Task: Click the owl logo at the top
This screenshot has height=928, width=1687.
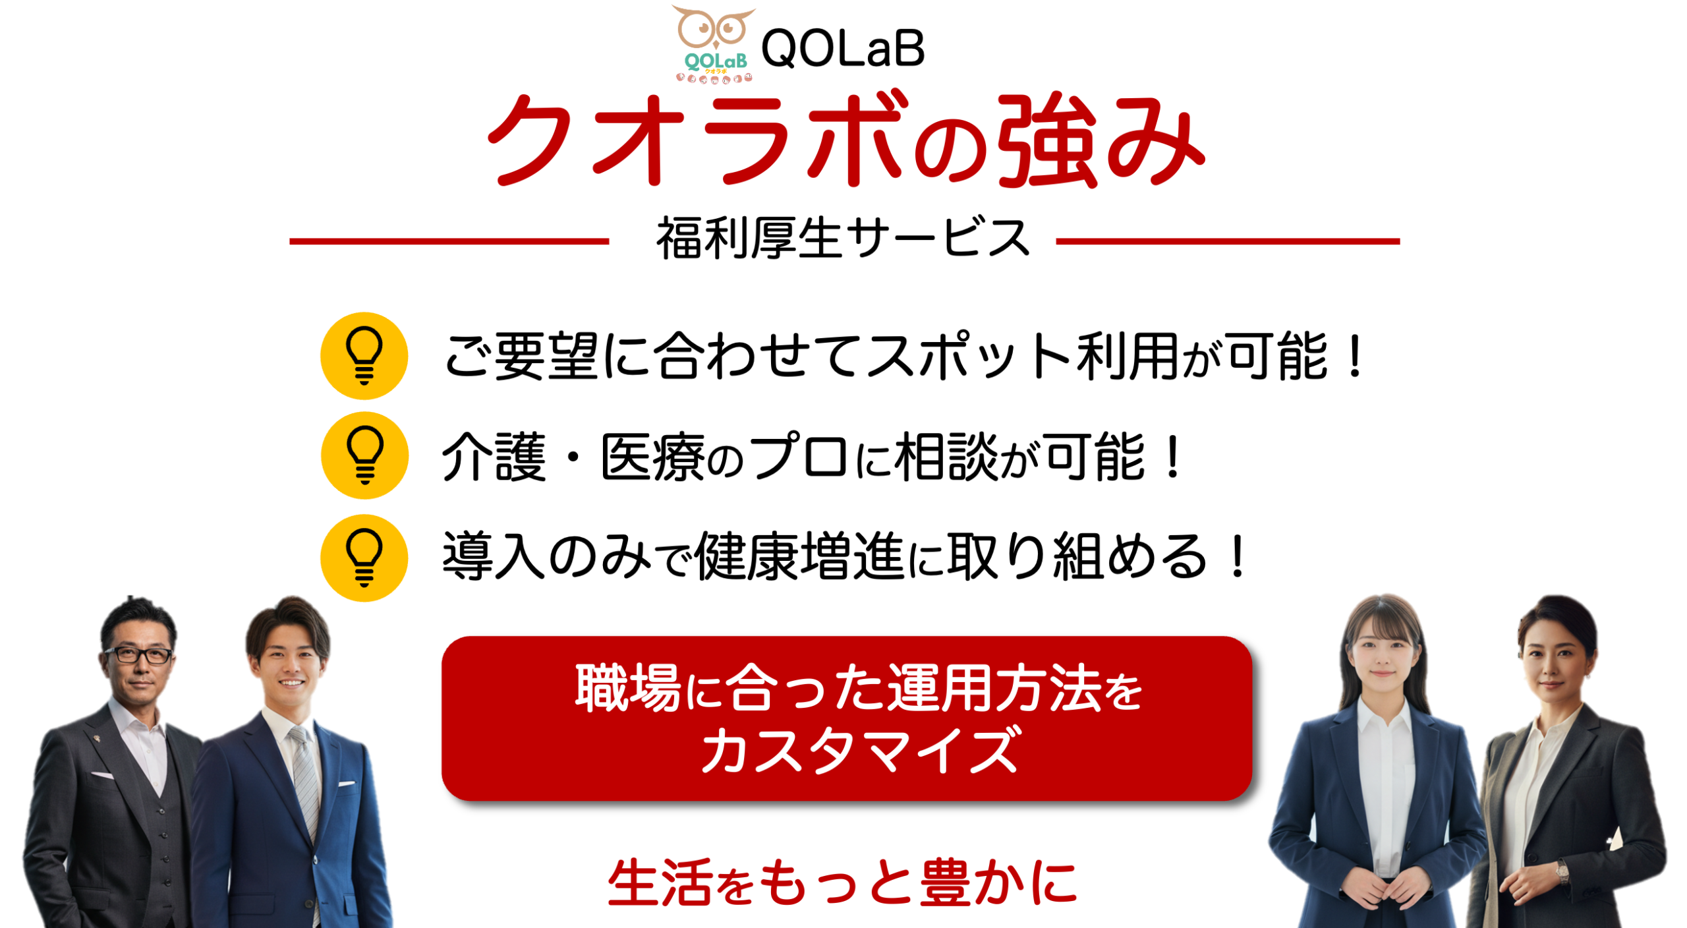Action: pyautogui.click(x=714, y=44)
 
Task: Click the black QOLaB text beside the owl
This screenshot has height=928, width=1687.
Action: pyautogui.click(x=843, y=49)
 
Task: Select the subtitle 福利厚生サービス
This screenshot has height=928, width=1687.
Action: pyautogui.click(x=843, y=238)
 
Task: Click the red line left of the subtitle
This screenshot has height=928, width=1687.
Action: pyautogui.click(x=449, y=242)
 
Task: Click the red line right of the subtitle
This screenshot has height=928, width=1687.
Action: pyautogui.click(x=1228, y=242)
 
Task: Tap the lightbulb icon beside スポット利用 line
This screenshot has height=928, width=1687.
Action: pyautogui.click(x=364, y=356)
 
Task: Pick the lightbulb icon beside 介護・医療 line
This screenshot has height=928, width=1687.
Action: pyautogui.click(x=364, y=455)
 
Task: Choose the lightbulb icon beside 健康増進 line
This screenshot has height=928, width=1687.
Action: pyautogui.click(x=364, y=558)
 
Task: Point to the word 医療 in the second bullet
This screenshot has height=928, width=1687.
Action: pyautogui.click(x=653, y=457)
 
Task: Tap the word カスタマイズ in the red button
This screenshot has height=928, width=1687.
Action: pyautogui.click(x=860, y=750)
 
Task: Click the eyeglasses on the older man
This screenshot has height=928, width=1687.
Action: pyautogui.click(x=138, y=655)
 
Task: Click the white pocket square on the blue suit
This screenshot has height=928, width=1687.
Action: pyautogui.click(x=347, y=784)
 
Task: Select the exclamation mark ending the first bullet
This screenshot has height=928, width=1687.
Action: pyautogui.click(x=1356, y=356)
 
